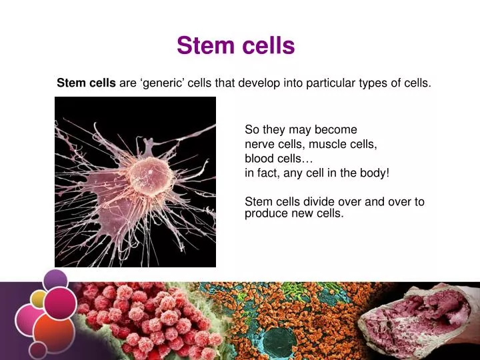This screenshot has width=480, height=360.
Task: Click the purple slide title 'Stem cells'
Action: point(235,46)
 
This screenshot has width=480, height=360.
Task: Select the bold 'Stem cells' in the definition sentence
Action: point(86,83)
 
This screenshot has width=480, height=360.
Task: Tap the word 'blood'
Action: point(259,159)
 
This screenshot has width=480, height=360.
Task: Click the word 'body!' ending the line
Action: point(374,173)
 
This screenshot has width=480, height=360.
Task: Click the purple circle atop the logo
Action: point(55,280)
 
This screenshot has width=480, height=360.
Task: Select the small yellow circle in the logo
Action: point(39,299)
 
